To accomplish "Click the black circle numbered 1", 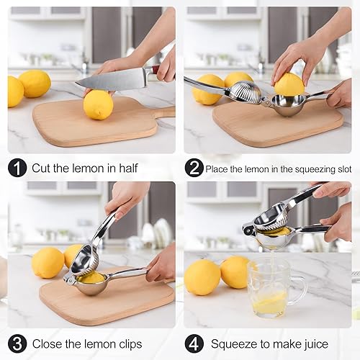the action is pyautogui.click(x=17, y=168).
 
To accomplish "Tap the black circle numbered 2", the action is pyautogui.click(x=194, y=168).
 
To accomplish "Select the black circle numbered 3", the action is pyautogui.click(x=17, y=344).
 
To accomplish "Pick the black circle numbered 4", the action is pyautogui.click(x=194, y=344).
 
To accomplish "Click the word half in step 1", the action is pyautogui.click(x=129, y=168).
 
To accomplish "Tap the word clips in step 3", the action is pyautogui.click(x=130, y=344).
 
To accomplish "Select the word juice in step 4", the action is pyautogui.click(x=316, y=344).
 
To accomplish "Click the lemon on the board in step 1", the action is pyautogui.click(x=98, y=104).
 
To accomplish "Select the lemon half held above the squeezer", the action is pyautogui.click(x=289, y=84).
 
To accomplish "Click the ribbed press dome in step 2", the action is pyautogui.click(x=246, y=91).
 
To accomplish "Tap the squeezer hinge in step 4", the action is pyautogui.click(x=248, y=229).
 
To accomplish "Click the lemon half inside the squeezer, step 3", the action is pyautogui.click(x=91, y=279).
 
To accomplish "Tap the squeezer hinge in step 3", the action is pyautogui.click(x=69, y=279).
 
